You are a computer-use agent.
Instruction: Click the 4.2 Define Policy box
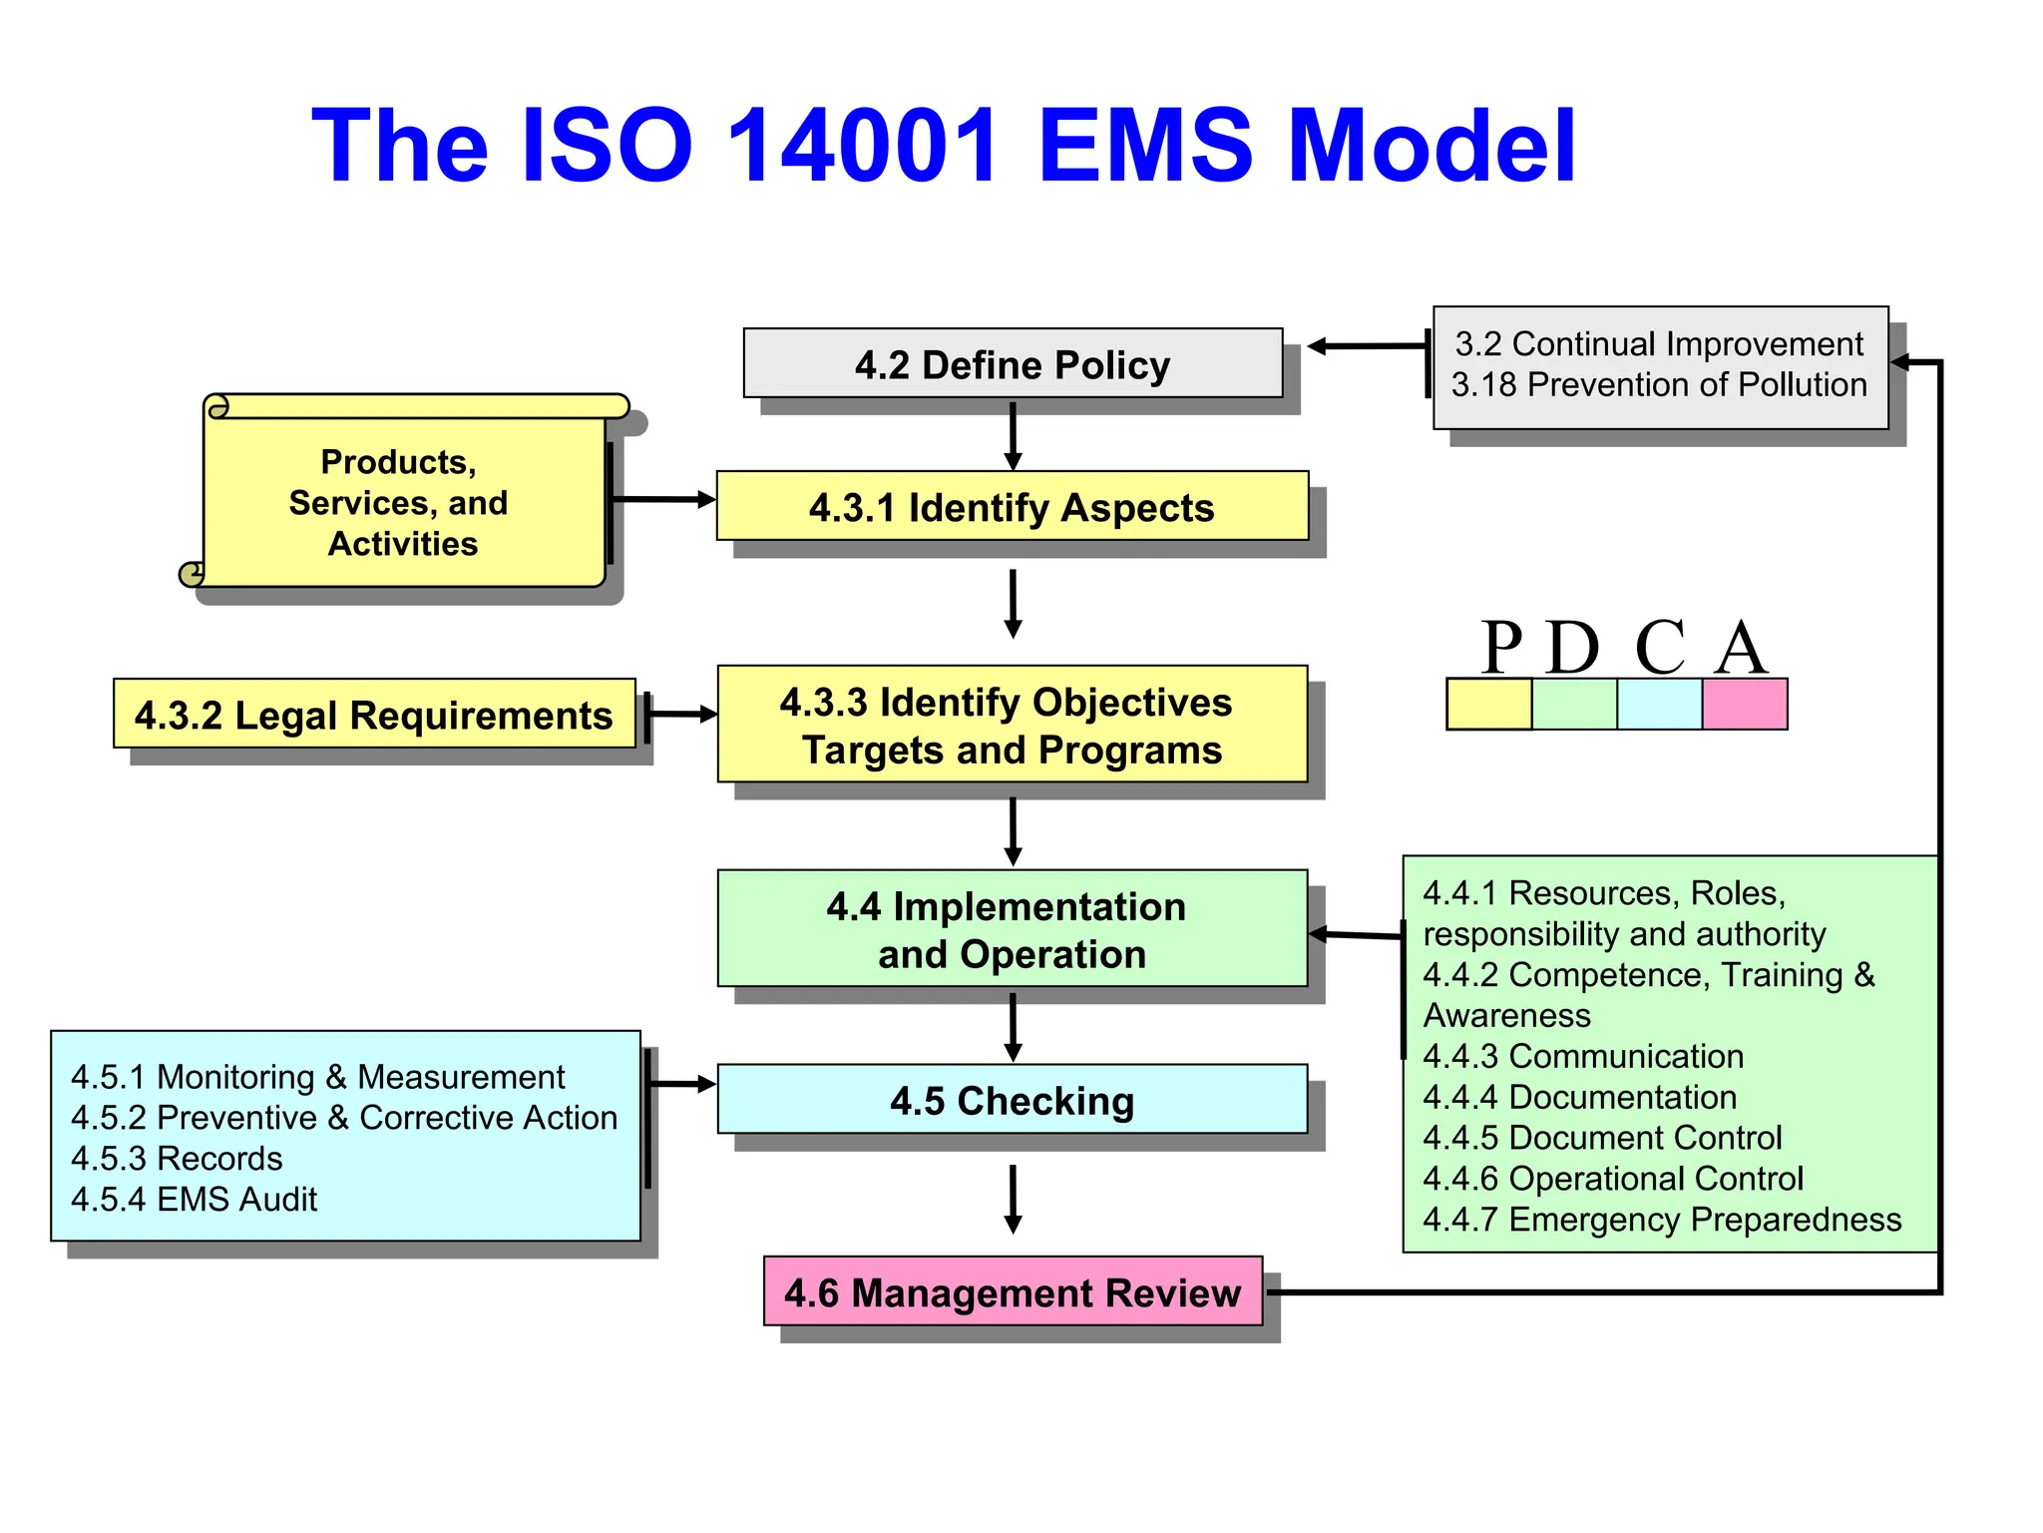1013,364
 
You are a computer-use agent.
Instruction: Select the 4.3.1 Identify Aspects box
1012,507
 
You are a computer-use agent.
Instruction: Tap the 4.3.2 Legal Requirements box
374,715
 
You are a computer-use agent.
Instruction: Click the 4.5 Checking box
1012,1100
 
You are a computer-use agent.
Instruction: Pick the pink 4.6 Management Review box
1013,1291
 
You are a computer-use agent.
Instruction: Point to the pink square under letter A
1744,705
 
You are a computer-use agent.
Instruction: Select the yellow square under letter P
1488,705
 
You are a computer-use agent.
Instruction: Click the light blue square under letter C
1659,705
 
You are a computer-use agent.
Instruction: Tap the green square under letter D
1574,705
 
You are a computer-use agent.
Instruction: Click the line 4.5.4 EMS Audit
194,1199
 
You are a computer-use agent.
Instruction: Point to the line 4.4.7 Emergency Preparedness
1662,1219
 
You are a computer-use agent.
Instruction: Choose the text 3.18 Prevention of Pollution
1658,384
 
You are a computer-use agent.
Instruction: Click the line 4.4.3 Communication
1583,1056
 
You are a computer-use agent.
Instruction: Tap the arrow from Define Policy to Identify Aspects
1013,436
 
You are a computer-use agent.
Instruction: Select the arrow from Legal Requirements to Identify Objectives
681,715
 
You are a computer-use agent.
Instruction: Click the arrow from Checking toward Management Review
1013,1199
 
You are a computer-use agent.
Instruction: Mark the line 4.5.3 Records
177,1158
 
